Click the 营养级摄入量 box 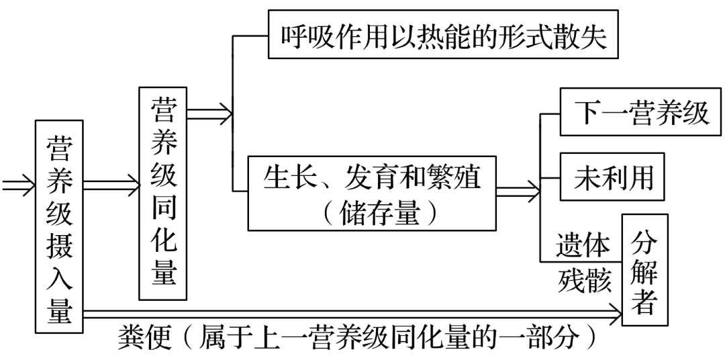(60, 226)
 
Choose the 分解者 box (645, 269)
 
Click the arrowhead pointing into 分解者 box (616, 311)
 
